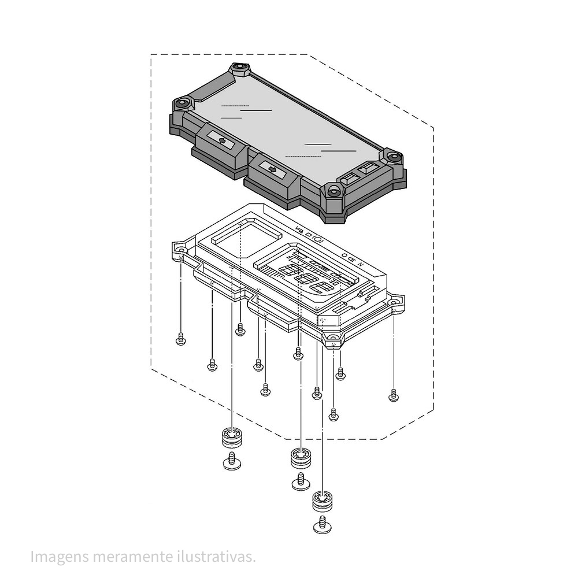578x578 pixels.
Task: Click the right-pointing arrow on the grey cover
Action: tap(271, 168)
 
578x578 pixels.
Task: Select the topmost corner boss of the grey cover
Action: tap(239, 69)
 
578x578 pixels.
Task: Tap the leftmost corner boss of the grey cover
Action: tap(183, 104)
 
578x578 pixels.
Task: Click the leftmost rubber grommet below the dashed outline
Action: tap(232, 438)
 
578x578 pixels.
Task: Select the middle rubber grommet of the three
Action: tap(300, 457)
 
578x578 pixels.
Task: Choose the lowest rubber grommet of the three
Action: tap(323, 501)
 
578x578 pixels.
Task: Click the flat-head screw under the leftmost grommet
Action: tap(232, 462)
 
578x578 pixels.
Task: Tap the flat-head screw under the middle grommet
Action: tap(301, 481)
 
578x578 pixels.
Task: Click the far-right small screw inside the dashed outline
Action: tap(394, 395)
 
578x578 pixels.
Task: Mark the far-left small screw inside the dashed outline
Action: tap(180, 339)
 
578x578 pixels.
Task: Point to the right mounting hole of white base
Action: tap(394, 302)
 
